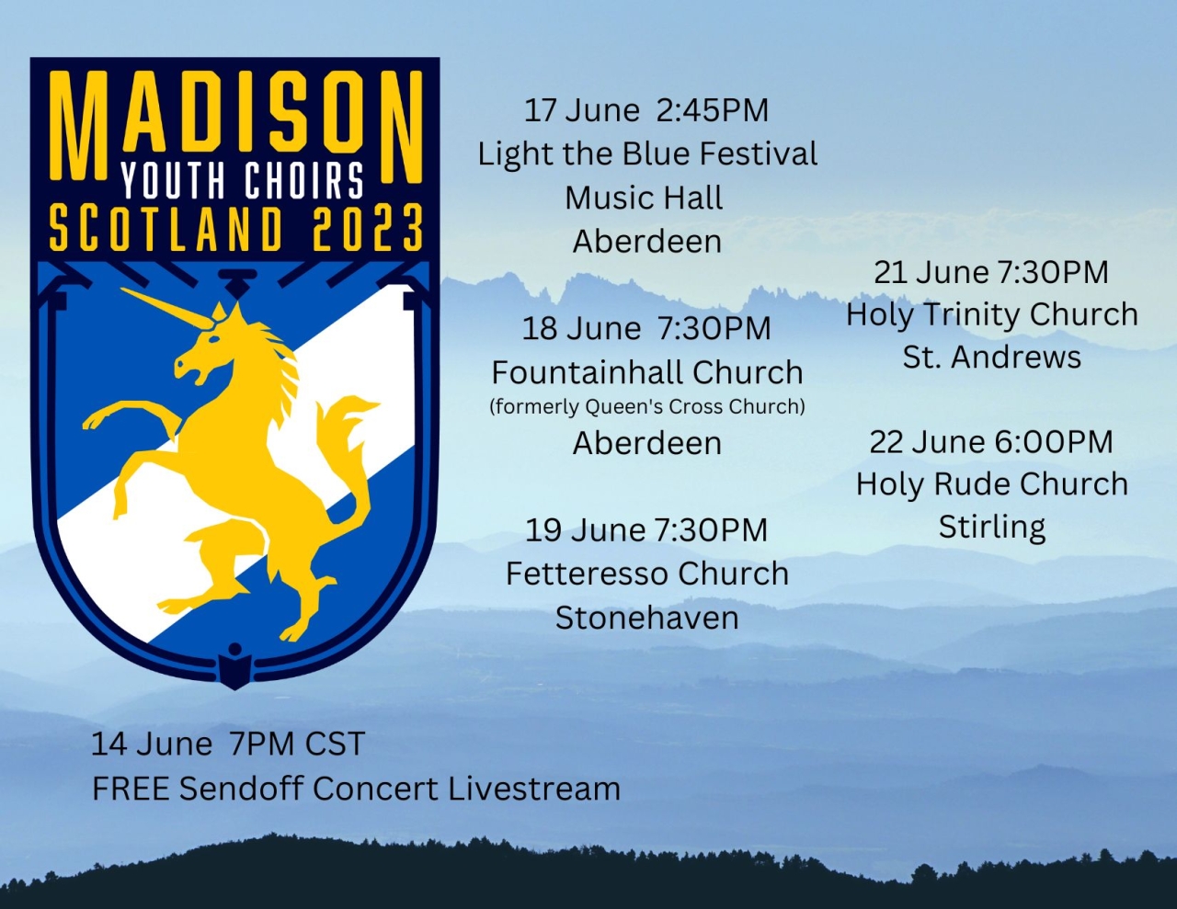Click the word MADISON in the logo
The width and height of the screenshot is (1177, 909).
coord(236,126)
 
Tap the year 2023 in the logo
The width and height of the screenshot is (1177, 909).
coord(368,228)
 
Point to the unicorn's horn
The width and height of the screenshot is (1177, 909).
coord(166,308)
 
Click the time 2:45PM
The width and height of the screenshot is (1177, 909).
coord(713,110)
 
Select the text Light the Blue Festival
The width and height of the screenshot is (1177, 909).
coord(647,153)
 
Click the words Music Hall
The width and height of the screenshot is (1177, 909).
coord(644,198)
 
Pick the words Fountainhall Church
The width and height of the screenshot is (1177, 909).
coord(647,372)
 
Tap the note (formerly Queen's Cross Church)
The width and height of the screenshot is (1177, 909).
coord(647,406)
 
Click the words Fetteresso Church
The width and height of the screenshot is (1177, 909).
coord(647,574)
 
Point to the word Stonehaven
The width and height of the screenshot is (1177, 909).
coord(647,618)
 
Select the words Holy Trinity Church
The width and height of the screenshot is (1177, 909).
coord(992,315)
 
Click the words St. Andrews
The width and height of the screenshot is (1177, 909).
coord(992,358)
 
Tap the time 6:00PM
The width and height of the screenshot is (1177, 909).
coord(1054,441)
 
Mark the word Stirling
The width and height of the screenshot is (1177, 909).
coord(992,528)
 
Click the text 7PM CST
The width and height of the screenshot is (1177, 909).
coord(297,744)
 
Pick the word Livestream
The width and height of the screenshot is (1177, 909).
coord(534,789)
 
